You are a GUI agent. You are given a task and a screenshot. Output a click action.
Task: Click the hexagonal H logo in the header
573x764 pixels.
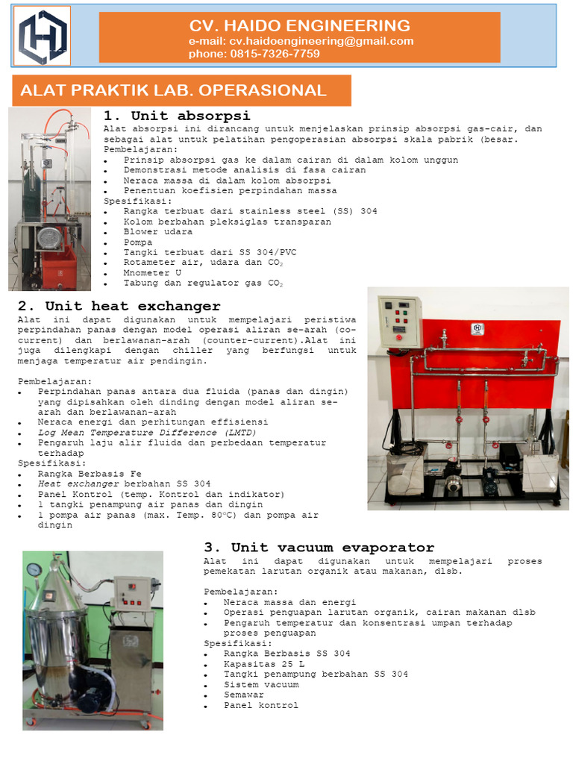(43, 37)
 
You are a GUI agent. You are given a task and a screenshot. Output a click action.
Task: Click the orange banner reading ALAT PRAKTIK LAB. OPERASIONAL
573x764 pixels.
(180, 91)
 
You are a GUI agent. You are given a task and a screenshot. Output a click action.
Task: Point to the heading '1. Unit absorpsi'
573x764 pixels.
(176, 116)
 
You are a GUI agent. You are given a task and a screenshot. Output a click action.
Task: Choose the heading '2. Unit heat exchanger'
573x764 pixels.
(119, 306)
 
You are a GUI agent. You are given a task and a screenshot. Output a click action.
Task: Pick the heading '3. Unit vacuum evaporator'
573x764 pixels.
(319, 548)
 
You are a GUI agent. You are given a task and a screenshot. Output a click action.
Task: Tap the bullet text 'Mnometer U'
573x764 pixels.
(152, 273)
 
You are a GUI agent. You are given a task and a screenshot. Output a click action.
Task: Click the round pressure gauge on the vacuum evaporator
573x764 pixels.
(33, 569)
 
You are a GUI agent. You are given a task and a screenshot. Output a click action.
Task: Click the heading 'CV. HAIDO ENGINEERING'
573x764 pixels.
(299, 25)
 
